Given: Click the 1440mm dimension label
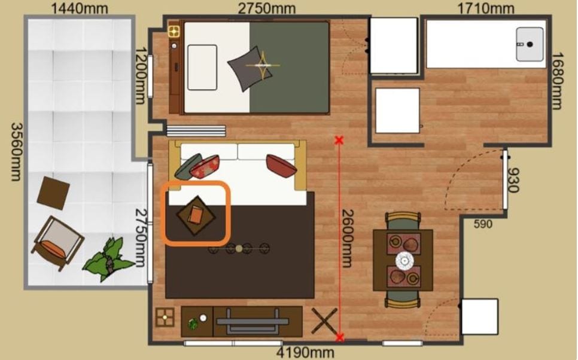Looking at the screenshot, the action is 79,8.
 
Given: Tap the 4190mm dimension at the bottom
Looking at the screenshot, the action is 305,353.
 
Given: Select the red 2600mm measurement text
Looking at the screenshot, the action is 347,238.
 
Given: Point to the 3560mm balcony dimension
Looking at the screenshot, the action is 16,152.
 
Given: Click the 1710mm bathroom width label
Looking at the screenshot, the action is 485,8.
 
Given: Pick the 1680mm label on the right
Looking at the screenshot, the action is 557,81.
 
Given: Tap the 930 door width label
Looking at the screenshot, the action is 513,180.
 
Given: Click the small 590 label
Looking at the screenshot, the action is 482,224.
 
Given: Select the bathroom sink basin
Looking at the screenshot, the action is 530,44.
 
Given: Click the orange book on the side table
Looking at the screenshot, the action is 196,215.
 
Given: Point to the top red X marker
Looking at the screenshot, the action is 339,140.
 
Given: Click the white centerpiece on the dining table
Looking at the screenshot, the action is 404,261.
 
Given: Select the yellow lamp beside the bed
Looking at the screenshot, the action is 174,31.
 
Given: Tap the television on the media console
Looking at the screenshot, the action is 253,321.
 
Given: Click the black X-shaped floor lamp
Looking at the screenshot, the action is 324,321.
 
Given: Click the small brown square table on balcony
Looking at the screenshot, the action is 53,193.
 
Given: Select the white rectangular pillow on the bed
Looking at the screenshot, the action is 202,68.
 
